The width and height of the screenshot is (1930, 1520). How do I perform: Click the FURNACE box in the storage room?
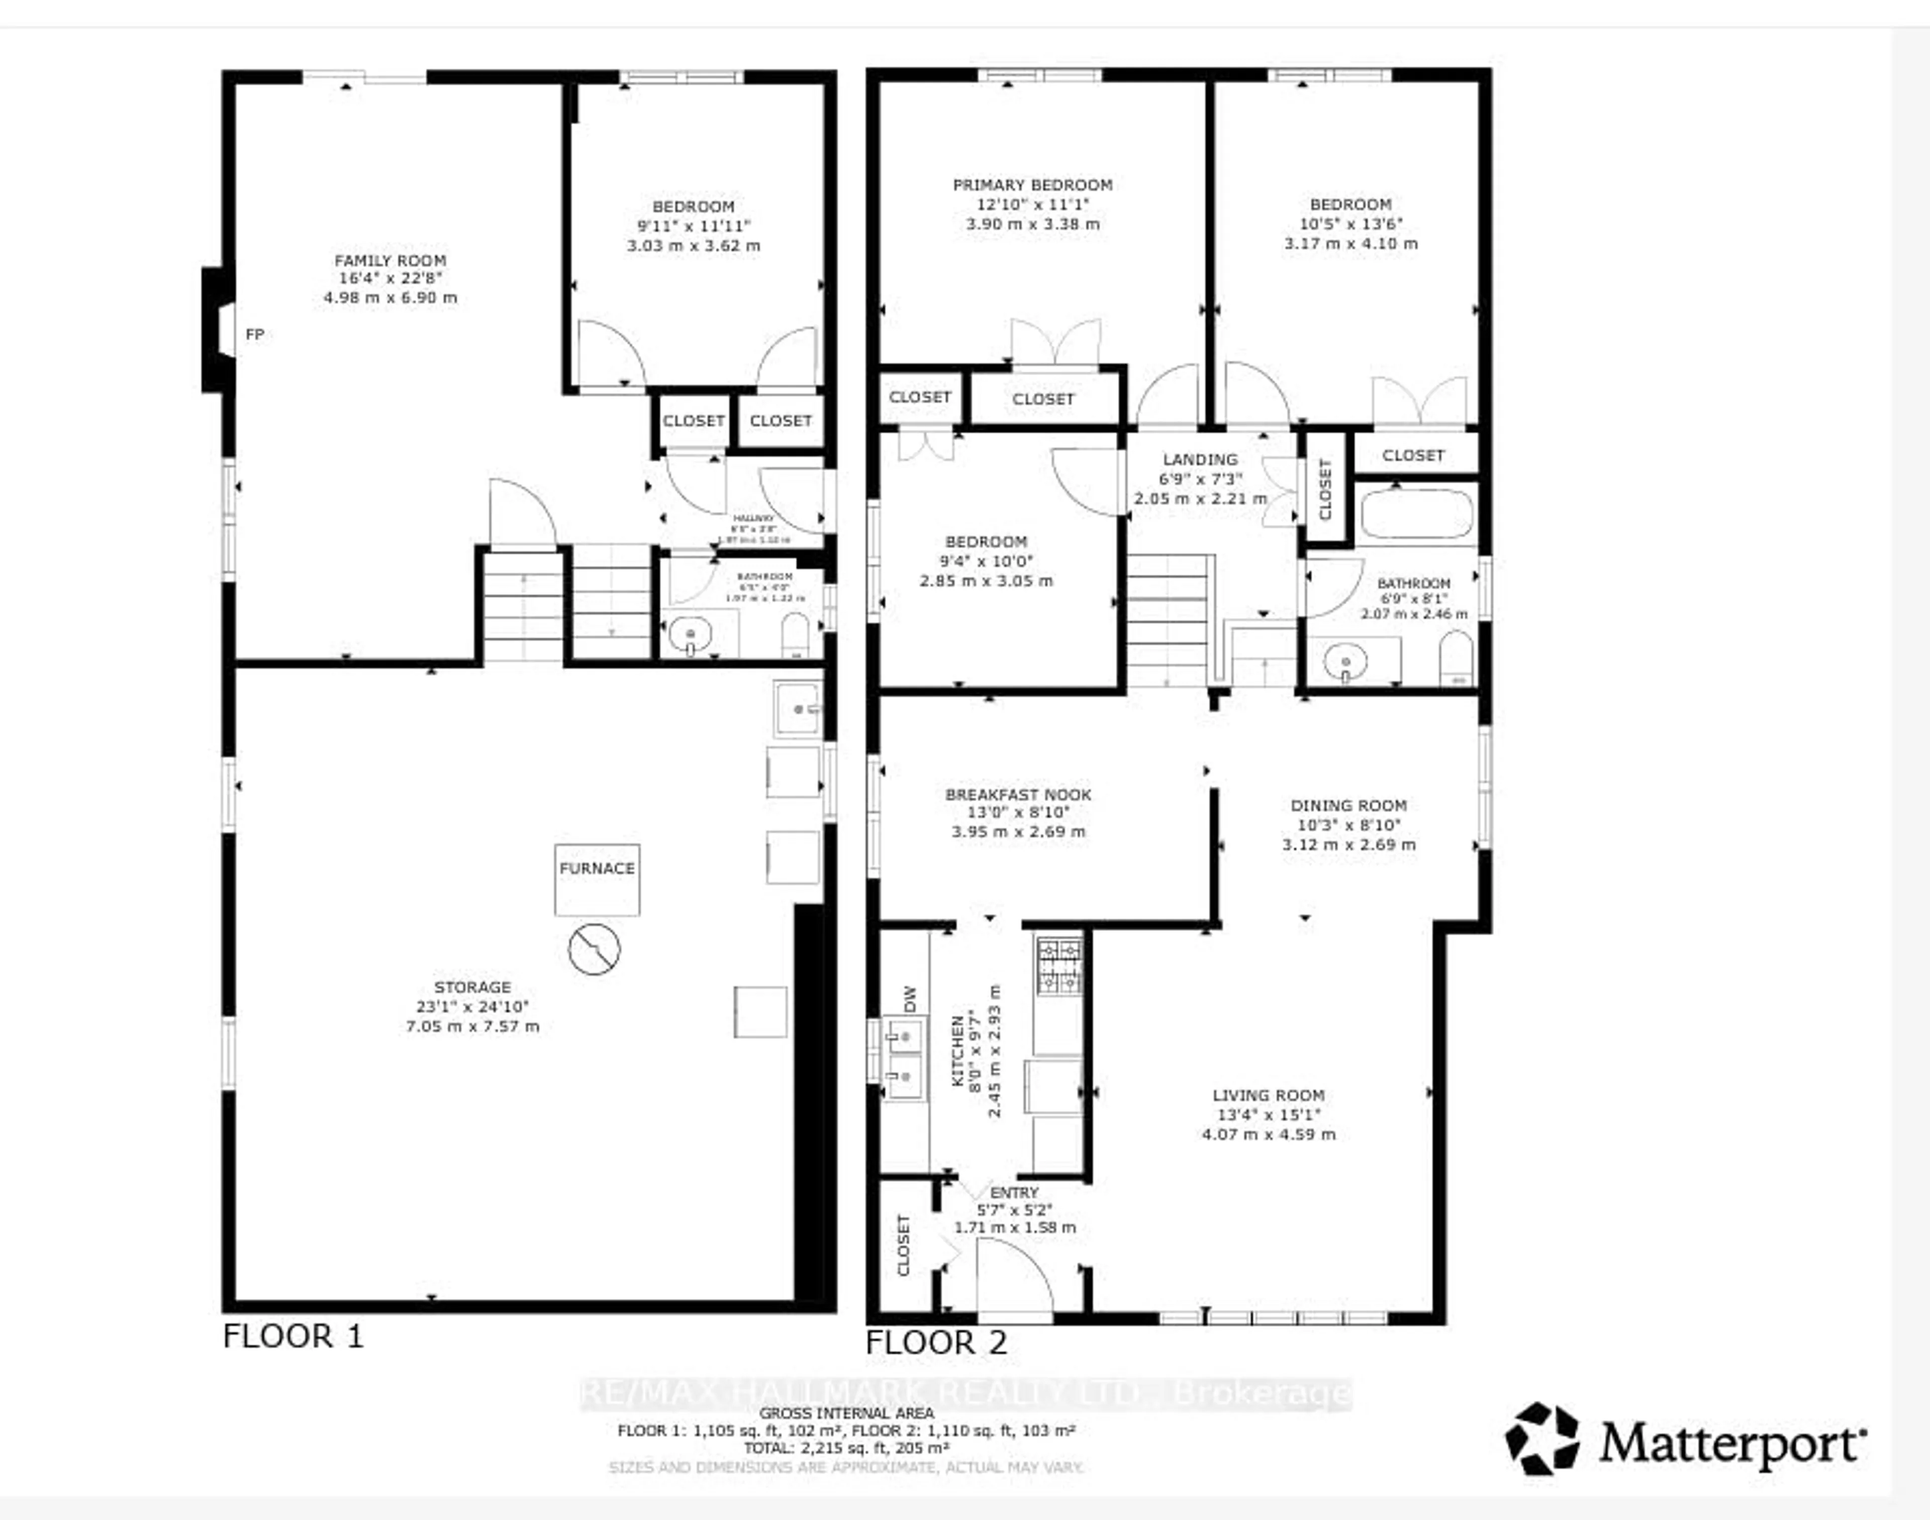pyautogui.click(x=597, y=879)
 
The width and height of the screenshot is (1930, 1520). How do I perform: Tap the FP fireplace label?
pyautogui.click(x=255, y=335)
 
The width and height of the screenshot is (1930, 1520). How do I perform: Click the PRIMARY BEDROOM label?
pyautogui.click(x=1033, y=185)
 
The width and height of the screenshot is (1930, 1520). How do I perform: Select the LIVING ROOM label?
pyautogui.click(x=1269, y=1096)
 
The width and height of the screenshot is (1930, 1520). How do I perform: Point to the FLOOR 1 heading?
pyautogui.click(x=293, y=1337)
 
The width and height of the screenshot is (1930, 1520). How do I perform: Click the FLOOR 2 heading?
pyautogui.click(x=936, y=1343)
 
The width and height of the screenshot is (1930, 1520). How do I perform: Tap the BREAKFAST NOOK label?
pyautogui.click(x=1018, y=795)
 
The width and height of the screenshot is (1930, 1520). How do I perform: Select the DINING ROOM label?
pyautogui.click(x=1348, y=805)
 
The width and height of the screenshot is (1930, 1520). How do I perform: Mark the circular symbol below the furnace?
pyautogui.click(x=594, y=949)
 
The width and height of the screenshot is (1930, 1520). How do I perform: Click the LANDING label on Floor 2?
pyautogui.click(x=1200, y=459)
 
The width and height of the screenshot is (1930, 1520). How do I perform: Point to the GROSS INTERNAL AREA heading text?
pyautogui.click(x=846, y=1413)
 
